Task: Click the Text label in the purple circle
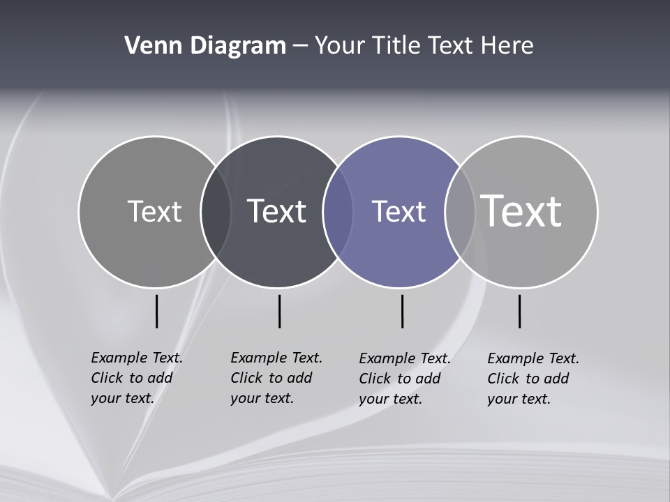coord(399,211)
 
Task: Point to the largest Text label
coord(521,211)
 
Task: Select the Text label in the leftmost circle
coord(154,211)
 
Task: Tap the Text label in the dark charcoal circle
coord(276,211)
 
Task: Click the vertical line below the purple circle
coord(402,311)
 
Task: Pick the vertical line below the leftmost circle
coord(156,311)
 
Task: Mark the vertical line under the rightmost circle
coord(519,311)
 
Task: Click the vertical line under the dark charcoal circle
coord(279,311)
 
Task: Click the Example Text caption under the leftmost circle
coord(136,378)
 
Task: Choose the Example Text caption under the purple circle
coord(404,379)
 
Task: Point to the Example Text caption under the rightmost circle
coord(533,379)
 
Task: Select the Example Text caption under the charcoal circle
coord(276,378)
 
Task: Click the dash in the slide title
coord(300,46)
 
